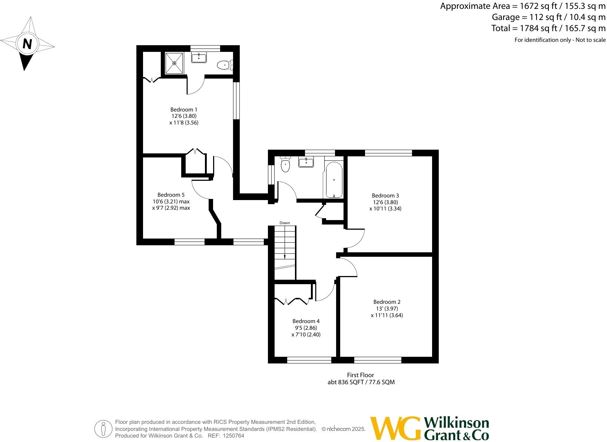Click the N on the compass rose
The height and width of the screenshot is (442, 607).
click(27, 44)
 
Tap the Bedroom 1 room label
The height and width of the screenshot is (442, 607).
click(184, 110)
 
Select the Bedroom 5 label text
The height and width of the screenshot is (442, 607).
click(171, 195)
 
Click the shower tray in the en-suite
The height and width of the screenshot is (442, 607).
click(174, 63)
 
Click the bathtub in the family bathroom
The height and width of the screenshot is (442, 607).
click(334, 180)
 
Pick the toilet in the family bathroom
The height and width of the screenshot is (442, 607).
click(285, 165)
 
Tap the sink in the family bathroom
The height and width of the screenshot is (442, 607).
click(306, 162)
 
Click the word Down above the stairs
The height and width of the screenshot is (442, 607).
click(285, 223)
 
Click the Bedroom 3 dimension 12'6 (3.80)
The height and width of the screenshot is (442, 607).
click(385, 202)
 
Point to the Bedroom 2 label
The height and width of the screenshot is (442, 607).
click(387, 302)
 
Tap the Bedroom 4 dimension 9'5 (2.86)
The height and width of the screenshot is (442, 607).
click(305, 328)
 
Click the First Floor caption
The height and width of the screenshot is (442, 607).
click(361, 375)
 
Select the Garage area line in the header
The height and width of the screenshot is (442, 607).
click(548, 17)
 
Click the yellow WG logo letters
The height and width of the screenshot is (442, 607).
click(395, 429)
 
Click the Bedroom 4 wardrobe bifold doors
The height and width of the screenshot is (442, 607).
click(292, 301)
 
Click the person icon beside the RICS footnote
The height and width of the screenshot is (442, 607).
click(103, 429)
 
